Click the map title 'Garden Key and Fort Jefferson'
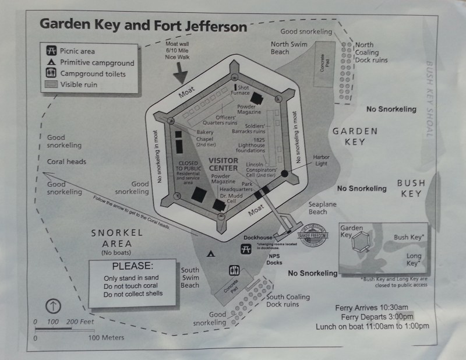143,26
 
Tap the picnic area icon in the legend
51,51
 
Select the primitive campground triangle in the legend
51,63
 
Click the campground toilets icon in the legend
51,74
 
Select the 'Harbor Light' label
322,160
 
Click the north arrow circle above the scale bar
53,305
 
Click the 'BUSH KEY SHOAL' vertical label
430,99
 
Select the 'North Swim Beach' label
288,47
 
